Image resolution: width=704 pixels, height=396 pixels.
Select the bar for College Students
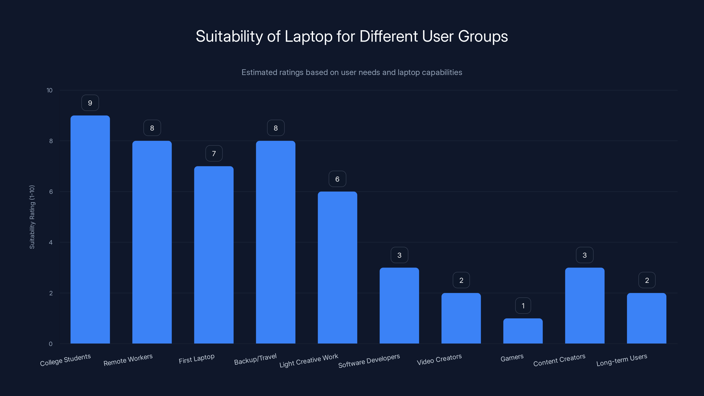click(90, 229)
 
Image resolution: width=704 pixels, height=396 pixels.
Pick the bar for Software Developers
click(399, 305)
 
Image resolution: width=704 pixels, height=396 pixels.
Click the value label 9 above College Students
click(90, 103)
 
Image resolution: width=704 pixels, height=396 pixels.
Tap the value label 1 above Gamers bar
click(523, 306)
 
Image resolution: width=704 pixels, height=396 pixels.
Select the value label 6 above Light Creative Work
click(337, 179)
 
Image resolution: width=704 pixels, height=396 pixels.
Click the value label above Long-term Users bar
click(647, 280)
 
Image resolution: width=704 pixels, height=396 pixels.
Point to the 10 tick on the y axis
click(49, 90)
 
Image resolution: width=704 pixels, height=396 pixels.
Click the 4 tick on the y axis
click(51, 242)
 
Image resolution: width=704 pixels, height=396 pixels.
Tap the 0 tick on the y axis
click(51, 344)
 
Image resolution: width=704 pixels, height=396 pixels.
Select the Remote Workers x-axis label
click(128, 360)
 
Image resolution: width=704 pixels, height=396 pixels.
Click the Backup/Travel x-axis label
click(255, 359)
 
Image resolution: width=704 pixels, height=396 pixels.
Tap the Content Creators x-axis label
click(559, 360)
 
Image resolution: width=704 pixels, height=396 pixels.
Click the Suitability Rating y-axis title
click(32, 217)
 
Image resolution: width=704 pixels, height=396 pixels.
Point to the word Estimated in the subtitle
click(258, 72)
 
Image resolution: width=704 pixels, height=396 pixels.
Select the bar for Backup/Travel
click(275, 242)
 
